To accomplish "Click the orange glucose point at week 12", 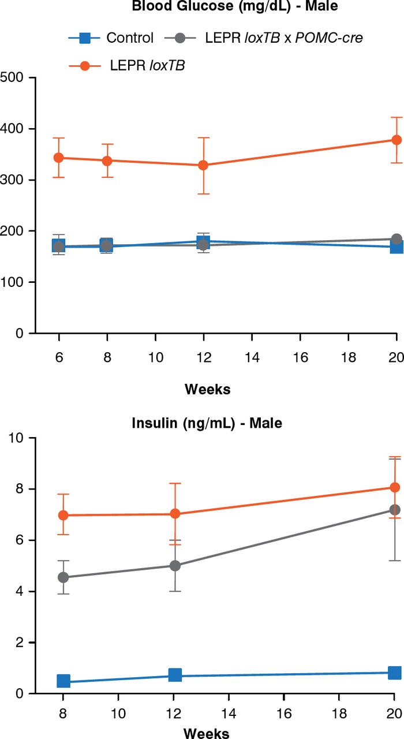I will [x=203, y=165].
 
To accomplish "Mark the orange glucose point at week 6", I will [x=58, y=158].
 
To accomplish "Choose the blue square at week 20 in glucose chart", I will [x=396, y=247].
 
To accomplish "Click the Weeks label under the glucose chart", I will [x=207, y=389].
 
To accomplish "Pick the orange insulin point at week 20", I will [x=394, y=487].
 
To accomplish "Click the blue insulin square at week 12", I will [x=175, y=675].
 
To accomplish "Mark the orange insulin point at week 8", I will [x=63, y=515].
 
